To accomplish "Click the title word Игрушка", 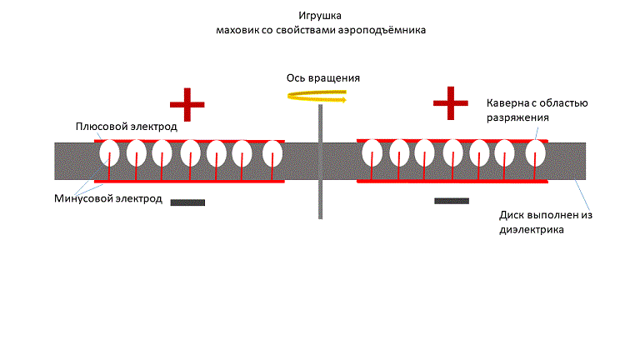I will coord(319,16).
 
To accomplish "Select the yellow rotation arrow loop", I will coord(317,97).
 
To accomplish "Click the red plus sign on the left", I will coord(187,105).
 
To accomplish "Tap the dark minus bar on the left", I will coord(187,202).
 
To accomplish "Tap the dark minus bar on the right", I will coord(451,201).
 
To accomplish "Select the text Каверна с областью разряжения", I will coord(537,111).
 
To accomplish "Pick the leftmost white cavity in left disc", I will coord(109,153).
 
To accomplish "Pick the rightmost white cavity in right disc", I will coord(534,153).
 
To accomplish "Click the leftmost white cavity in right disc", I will coord(372,153).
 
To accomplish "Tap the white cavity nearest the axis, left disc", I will coord(273,153).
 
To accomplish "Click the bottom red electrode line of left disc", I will coord(189,180).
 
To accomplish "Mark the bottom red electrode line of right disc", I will coord(452,180).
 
